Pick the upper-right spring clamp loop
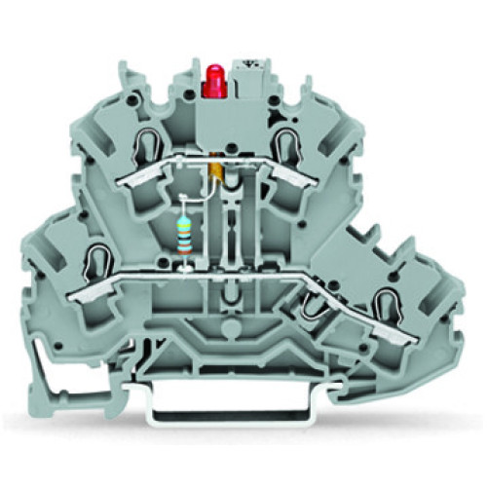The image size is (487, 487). tap(285, 147)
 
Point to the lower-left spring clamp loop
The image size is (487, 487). tap(94, 260)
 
